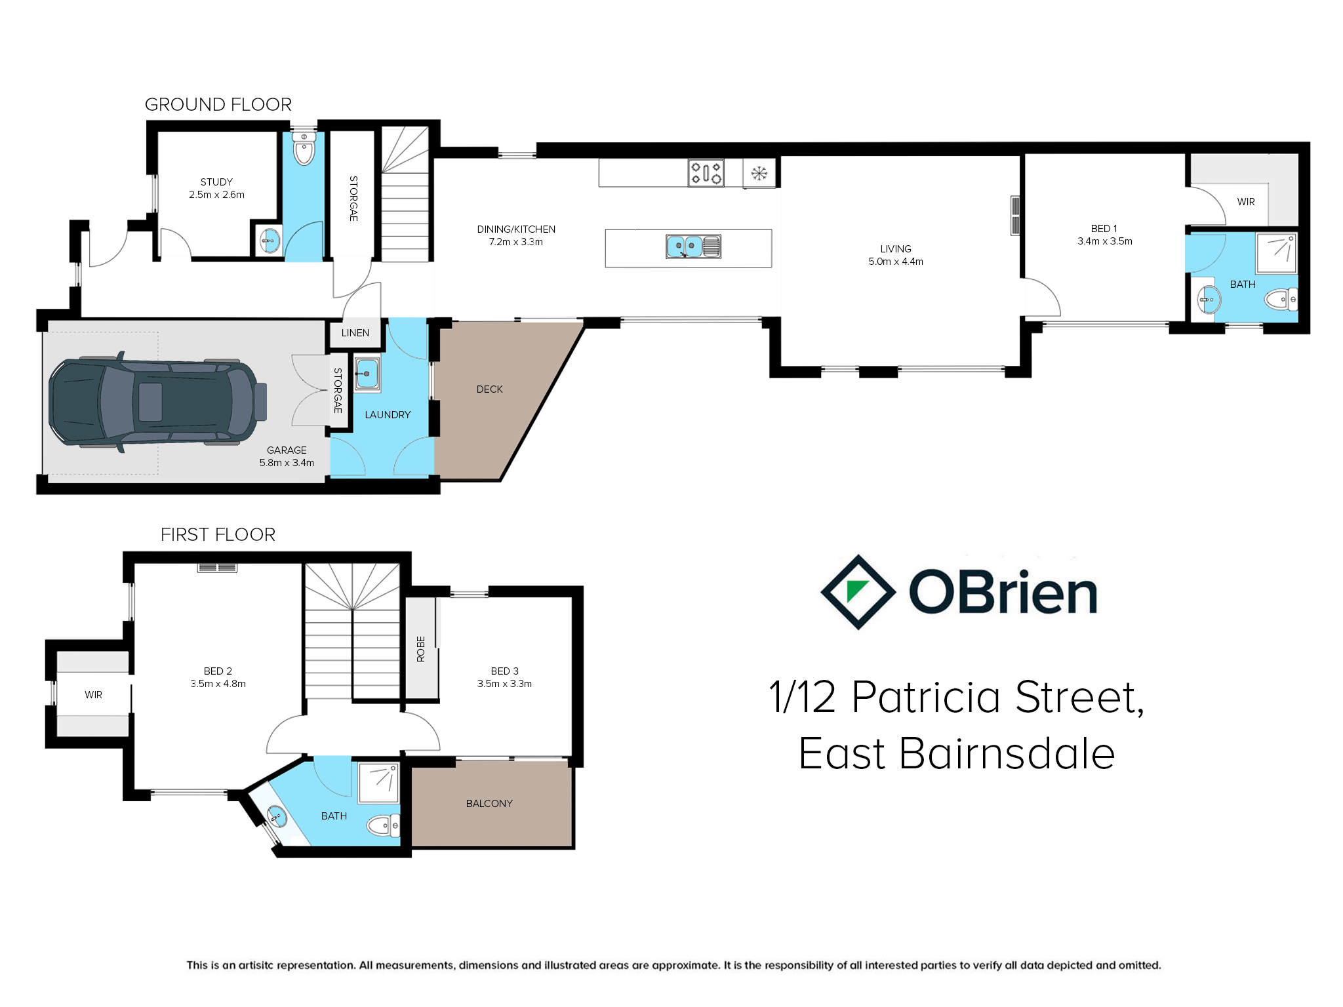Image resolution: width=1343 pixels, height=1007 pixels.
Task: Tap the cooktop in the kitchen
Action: [706, 173]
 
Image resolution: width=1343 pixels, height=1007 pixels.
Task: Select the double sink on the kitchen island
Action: [693, 247]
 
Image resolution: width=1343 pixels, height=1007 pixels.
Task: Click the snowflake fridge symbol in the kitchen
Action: [759, 174]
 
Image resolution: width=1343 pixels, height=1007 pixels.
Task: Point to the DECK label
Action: [490, 389]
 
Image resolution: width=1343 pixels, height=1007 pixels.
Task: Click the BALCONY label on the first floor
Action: [489, 804]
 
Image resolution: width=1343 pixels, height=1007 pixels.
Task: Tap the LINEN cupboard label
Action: [355, 333]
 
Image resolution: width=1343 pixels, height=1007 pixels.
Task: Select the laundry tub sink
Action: [367, 374]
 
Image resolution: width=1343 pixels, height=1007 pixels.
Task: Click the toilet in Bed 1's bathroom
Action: [1281, 300]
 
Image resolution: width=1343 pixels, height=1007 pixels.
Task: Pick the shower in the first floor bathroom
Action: [378, 783]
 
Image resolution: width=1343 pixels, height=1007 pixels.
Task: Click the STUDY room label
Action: [216, 182]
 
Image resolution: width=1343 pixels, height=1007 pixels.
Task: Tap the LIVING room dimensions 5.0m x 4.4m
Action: [896, 262]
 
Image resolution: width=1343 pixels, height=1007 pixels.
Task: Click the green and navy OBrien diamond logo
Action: [858, 592]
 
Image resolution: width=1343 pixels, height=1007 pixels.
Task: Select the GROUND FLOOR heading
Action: [218, 104]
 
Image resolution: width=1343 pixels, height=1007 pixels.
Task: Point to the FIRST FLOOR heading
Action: [218, 534]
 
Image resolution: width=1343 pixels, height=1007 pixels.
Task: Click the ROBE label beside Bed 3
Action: [421, 649]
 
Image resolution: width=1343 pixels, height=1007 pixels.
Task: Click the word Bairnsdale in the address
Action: [1007, 753]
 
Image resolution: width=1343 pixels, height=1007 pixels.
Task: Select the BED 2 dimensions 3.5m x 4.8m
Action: [218, 684]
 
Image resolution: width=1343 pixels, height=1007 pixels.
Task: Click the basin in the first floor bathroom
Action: [277, 817]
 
